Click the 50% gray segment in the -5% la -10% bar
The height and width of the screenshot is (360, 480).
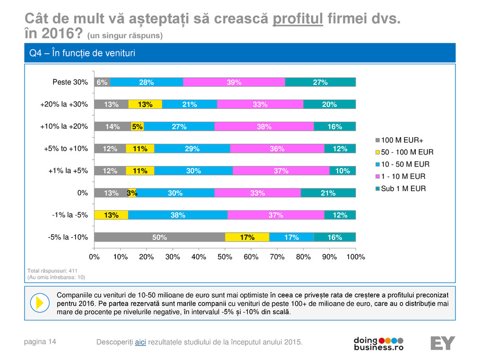click(159, 237)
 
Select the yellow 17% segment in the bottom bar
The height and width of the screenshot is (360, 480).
click(247, 237)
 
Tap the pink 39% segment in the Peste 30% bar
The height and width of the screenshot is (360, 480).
click(234, 82)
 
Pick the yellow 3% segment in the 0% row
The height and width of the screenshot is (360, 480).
click(132, 193)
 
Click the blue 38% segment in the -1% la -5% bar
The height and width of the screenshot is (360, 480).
click(178, 215)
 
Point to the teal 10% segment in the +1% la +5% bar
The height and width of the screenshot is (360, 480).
click(342, 171)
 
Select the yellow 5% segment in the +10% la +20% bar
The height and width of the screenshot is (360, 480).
click(137, 126)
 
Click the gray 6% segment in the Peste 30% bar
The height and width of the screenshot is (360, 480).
click(102, 82)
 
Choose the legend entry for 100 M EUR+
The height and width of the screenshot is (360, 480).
click(399, 140)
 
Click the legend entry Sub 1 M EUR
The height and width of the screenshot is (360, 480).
click(402, 188)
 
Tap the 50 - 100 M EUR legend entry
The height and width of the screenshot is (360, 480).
click(405, 152)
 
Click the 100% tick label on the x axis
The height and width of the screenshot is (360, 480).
click(356, 257)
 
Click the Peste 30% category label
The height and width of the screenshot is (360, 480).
click(70, 82)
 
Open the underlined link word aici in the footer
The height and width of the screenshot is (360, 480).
click(140, 342)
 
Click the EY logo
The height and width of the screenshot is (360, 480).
click(442, 343)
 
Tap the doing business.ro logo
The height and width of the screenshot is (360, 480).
click(378, 343)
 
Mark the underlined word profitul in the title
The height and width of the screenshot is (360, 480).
click(298, 20)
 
